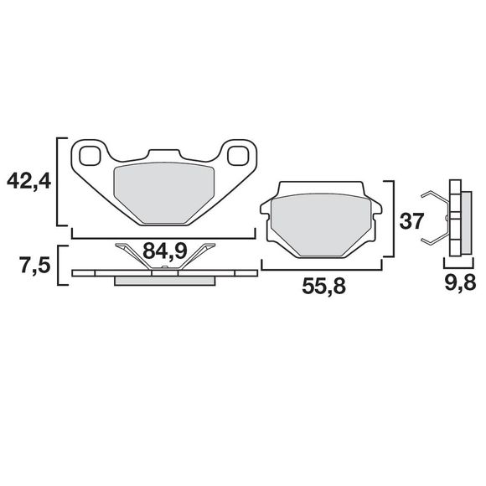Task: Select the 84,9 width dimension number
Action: (164, 251)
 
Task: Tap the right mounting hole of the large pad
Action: (239, 155)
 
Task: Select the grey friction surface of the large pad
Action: (164, 191)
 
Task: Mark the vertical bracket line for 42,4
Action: (58, 182)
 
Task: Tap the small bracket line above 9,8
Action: (457, 267)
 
